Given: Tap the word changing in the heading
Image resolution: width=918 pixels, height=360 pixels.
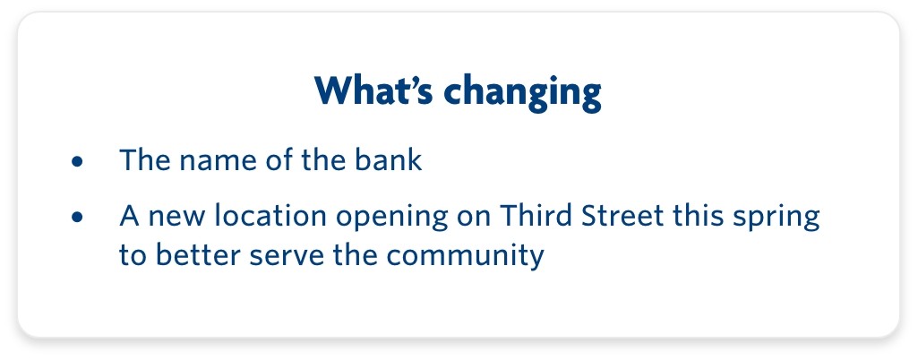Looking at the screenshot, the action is (523, 94).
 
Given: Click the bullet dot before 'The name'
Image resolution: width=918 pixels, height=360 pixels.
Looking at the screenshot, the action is (77, 162).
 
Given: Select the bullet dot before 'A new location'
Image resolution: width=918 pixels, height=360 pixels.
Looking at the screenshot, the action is (77, 218).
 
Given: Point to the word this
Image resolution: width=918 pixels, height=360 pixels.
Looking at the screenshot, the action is (694, 216).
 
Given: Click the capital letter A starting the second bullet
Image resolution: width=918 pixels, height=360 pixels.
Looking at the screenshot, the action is (129, 216).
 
